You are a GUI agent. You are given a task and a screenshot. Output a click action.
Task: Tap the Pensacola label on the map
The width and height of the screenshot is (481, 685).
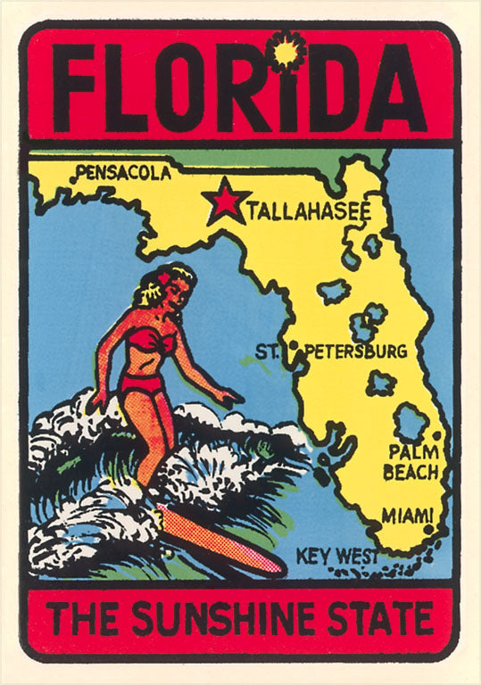[123, 173]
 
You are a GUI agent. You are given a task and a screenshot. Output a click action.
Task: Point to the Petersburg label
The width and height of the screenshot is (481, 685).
[355, 351]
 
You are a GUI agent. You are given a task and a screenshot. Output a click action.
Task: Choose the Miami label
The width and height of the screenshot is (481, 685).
[407, 516]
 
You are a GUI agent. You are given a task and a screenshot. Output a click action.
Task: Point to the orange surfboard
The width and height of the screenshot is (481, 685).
[220, 541]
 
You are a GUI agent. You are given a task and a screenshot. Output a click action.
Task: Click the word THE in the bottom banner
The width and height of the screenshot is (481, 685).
[84, 619]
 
